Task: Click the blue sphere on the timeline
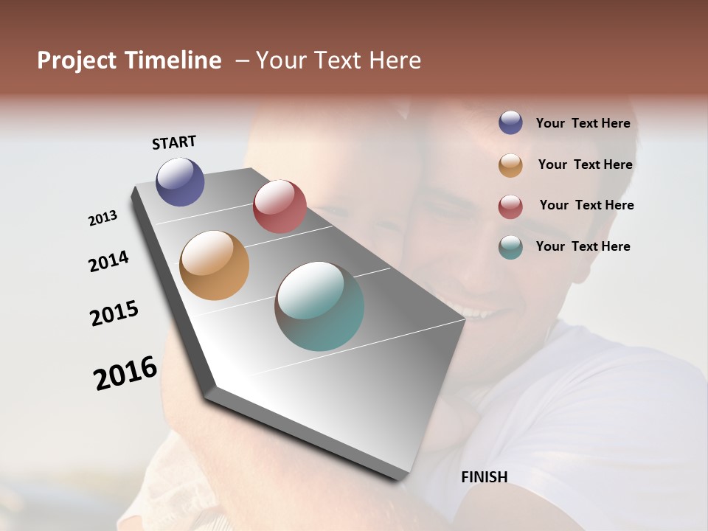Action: click(x=180, y=181)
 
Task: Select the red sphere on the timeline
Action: click(x=280, y=206)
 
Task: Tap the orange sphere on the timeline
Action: click(x=214, y=265)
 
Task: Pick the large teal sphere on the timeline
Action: click(x=319, y=305)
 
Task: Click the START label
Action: click(x=174, y=142)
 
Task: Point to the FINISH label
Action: click(x=484, y=477)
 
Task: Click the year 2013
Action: click(x=103, y=218)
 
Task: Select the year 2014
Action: click(x=108, y=261)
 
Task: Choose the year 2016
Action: click(x=125, y=372)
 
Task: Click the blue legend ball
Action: click(x=510, y=123)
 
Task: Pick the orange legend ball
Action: click(x=510, y=165)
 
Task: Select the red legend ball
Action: click(x=510, y=206)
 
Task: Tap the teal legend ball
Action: click(x=510, y=247)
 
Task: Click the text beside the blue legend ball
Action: click(x=583, y=123)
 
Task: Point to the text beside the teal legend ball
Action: click(x=583, y=246)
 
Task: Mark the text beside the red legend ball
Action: click(x=586, y=205)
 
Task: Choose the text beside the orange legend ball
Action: click(x=585, y=164)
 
